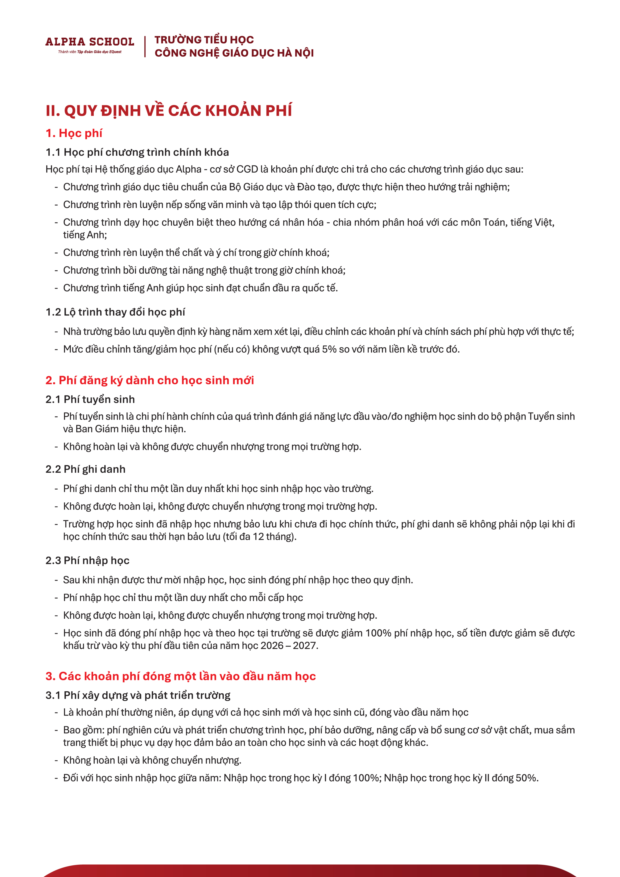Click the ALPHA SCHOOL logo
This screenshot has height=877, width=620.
(x=90, y=42)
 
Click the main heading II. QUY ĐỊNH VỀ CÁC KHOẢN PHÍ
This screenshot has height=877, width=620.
(x=168, y=111)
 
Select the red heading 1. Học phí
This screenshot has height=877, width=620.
(x=74, y=133)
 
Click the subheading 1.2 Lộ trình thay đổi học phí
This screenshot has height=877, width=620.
(x=115, y=312)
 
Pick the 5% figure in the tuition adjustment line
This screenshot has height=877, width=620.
(x=329, y=349)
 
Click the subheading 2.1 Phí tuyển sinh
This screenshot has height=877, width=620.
(x=90, y=399)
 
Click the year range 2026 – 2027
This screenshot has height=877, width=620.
(x=289, y=645)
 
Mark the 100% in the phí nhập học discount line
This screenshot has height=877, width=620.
(x=378, y=633)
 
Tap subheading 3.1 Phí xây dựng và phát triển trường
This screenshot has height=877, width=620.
(x=138, y=695)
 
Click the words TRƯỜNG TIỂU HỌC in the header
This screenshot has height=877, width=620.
(x=204, y=40)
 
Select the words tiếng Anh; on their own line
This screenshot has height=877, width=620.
(x=85, y=235)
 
